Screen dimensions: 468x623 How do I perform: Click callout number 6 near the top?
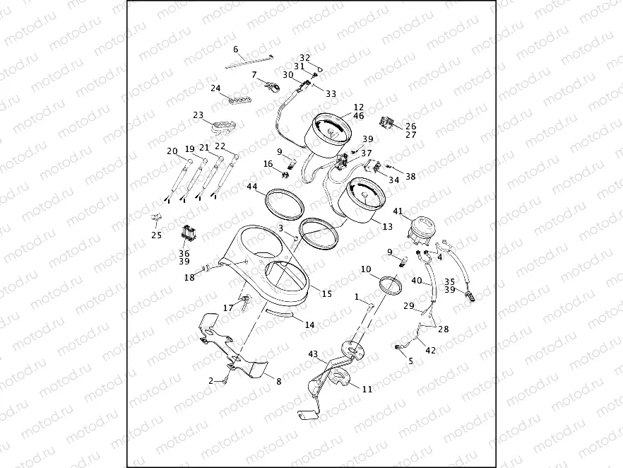click(236, 49)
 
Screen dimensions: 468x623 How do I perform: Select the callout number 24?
click(216, 88)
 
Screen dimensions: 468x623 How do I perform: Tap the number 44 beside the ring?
click(252, 187)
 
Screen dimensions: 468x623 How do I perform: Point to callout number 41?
click(398, 211)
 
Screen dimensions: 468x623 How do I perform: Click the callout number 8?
click(278, 382)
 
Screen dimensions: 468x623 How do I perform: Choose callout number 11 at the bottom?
click(367, 390)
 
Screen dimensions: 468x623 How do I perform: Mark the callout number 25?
click(156, 235)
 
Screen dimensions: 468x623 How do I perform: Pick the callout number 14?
click(309, 325)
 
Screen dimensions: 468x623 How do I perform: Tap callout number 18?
click(189, 278)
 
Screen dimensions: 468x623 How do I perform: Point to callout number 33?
click(331, 93)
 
